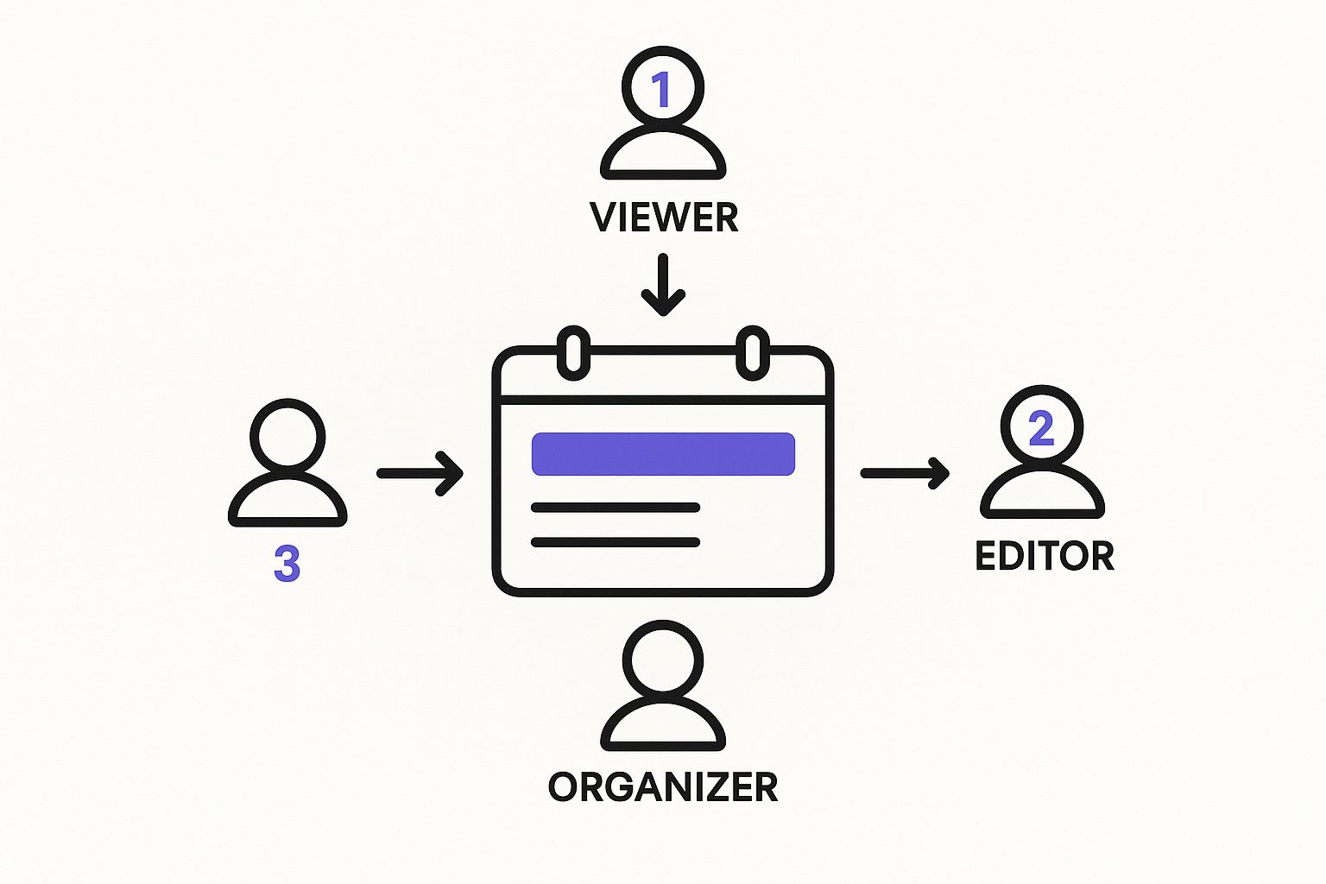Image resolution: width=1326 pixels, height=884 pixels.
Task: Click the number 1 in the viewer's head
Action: pyautogui.click(x=661, y=90)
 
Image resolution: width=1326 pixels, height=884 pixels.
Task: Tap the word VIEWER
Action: pyautogui.click(x=664, y=218)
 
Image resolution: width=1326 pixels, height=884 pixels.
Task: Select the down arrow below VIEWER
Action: pyautogui.click(x=663, y=286)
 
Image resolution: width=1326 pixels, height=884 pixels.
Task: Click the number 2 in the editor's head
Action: pyautogui.click(x=1042, y=429)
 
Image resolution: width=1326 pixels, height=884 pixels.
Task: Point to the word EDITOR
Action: pyautogui.click(x=1045, y=556)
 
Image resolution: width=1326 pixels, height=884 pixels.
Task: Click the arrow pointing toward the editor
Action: pyautogui.click(x=905, y=473)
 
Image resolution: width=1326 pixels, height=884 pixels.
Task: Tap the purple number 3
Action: pyautogui.click(x=287, y=564)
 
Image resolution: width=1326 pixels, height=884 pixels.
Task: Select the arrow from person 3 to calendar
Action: pyautogui.click(x=420, y=473)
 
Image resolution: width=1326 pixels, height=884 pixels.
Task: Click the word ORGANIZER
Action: pyautogui.click(x=663, y=786)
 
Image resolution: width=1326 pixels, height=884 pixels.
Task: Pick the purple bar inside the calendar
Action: pyautogui.click(x=663, y=454)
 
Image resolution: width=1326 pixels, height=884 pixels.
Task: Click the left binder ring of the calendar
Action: pyautogui.click(x=573, y=352)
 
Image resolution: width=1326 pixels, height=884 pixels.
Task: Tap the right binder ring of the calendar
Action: pyautogui.click(x=753, y=352)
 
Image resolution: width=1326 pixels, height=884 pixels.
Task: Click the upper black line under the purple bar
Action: pyautogui.click(x=615, y=508)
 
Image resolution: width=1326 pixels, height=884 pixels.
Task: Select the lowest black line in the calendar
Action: pyautogui.click(x=615, y=542)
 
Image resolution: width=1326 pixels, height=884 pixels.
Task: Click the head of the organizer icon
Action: pyautogui.click(x=663, y=661)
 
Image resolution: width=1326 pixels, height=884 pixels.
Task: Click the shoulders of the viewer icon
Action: pyautogui.click(x=663, y=155)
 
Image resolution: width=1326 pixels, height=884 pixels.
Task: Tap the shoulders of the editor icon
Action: pyautogui.click(x=1042, y=495)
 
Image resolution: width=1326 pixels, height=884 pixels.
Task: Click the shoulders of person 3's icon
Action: pyautogui.click(x=287, y=502)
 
